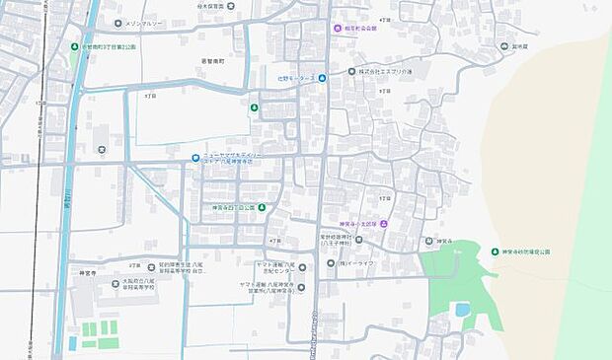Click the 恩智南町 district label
pyautogui.click(x=215, y=60)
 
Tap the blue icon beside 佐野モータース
pyautogui.click(x=322, y=78)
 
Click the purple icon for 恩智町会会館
pyautogui.click(x=337, y=29)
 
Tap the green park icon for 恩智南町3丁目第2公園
pyautogui.click(x=75, y=46)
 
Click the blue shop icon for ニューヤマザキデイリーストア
pyautogui.click(x=195, y=156)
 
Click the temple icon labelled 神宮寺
pyautogui.click(x=428, y=241)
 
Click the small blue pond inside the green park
pyautogui.click(x=462, y=310)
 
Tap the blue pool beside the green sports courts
pyautogui.click(x=72, y=343)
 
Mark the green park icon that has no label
pyautogui.click(x=256, y=107)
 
